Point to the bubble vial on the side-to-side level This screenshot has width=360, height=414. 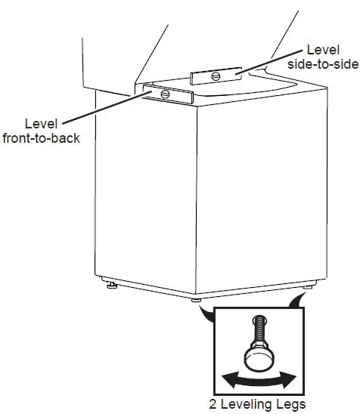tap(216, 75)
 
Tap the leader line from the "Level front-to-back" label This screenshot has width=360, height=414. tap(106, 110)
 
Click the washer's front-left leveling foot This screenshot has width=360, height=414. tap(113, 286)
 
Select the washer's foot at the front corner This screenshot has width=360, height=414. tap(197, 301)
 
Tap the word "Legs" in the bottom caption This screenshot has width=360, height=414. tap(293, 403)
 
